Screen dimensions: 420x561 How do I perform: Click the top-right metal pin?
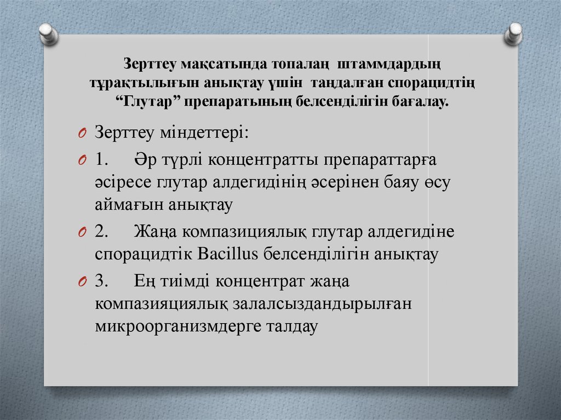click(x=514, y=33)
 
